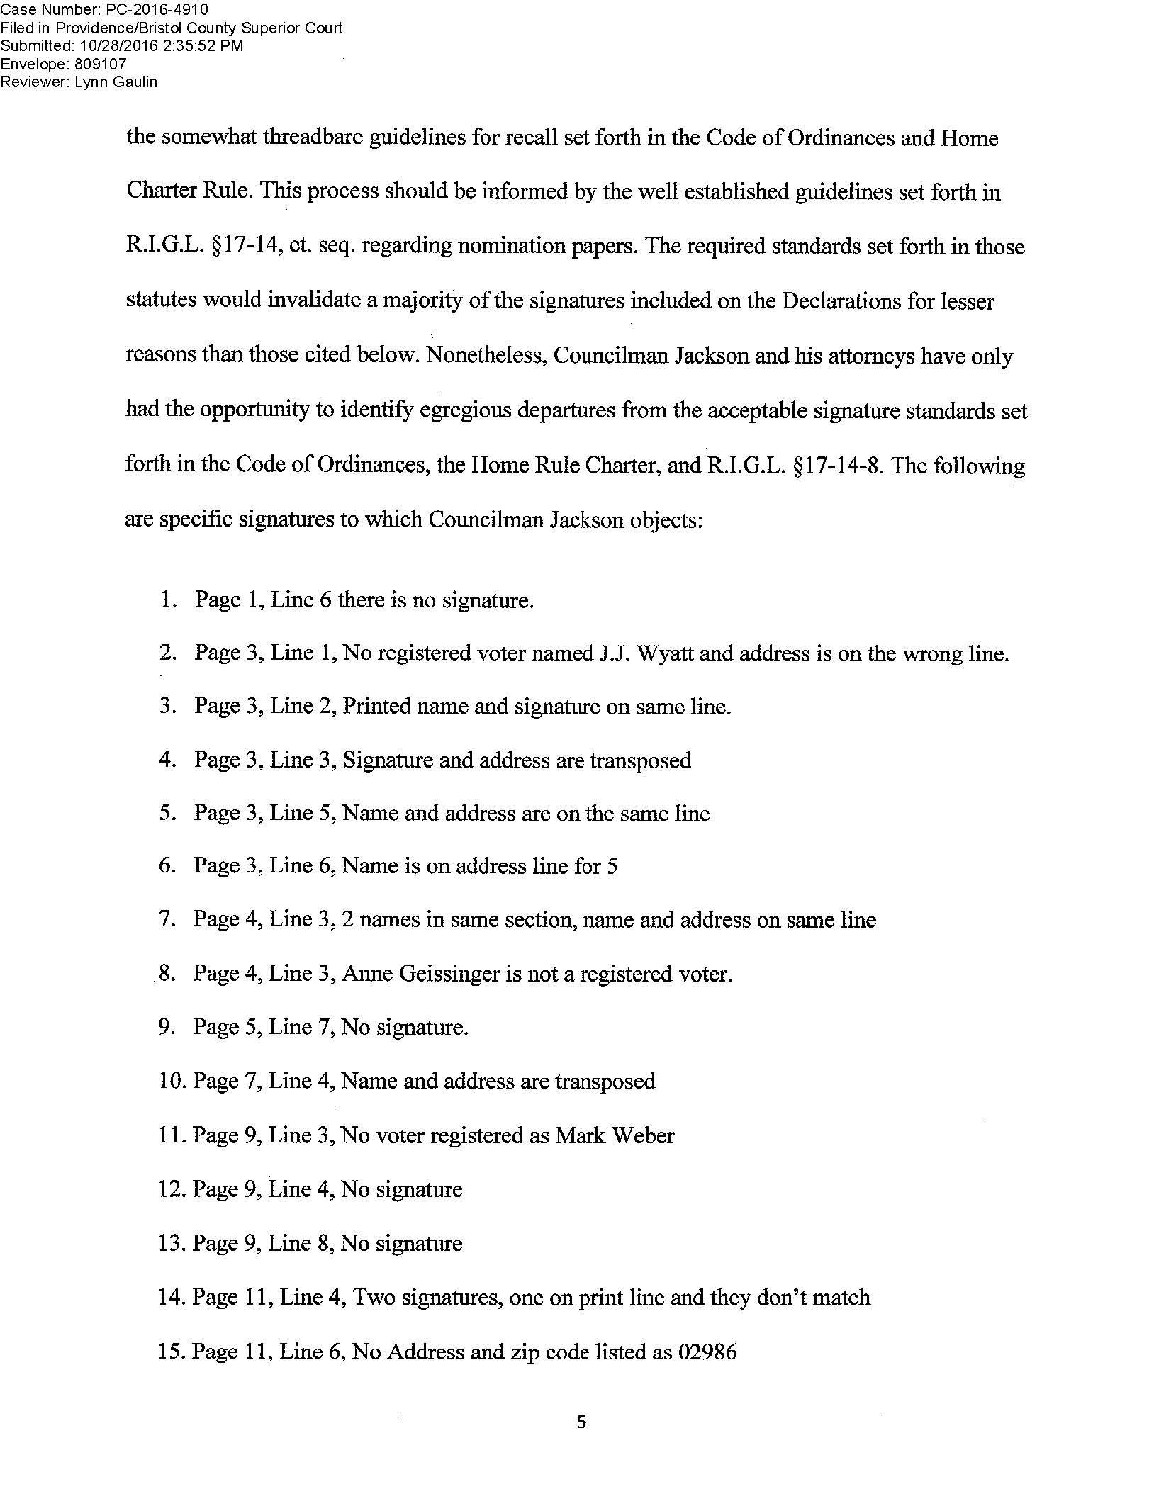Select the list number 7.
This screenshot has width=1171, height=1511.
(x=166, y=920)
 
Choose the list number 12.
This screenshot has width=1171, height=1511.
(x=171, y=1189)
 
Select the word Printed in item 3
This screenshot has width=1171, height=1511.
(x=376, y=707)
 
